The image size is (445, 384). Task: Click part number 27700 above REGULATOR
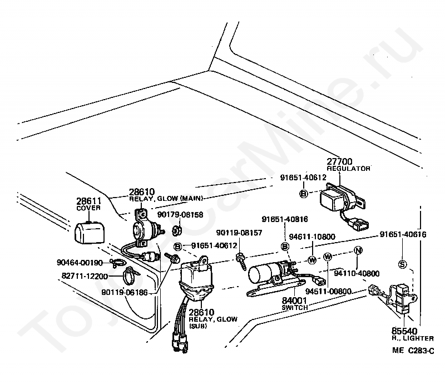[x=339, y=161]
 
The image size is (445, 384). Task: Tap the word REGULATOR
[x=349, y=169]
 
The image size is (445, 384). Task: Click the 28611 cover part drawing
[x=89, y=232]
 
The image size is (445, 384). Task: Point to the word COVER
[x=88, y=208]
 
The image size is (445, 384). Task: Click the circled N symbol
[x=358, y=250]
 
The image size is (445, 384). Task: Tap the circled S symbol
[x=402, y=264]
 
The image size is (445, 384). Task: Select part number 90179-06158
[x=180, y=215]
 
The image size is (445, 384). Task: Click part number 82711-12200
[x=85, y=276]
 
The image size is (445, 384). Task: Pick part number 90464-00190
[x=80, y=263]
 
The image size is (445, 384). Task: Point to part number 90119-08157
[x=239, y=233]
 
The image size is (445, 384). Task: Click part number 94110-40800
[x=357, y=273]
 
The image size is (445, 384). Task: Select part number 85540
[x=404, y=331]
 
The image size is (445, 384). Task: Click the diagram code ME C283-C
[x=413, y=351]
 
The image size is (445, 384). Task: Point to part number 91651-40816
[x=285, y=219]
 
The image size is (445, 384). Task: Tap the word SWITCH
[x=295, y=308]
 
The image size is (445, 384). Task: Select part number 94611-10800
[x=312, y=237]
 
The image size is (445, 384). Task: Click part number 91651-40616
[x=403, y=234]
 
